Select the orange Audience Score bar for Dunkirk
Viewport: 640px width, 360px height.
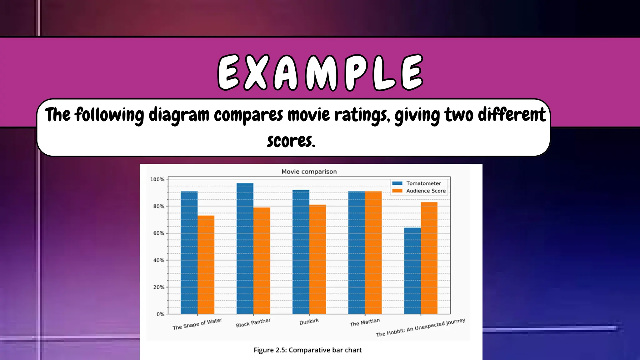tap(317, 259)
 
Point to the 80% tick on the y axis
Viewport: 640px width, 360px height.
tap(159, 206)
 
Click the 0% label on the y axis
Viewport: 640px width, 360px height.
tap(160, 314)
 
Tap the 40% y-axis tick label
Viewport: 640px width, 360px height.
tap(159, 260)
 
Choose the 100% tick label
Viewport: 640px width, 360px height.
tap(157, 179)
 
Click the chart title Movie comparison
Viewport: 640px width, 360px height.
tap(309, 172)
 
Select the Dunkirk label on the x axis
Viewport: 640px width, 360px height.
tap(309, 322)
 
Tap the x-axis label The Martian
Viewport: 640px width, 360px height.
tap(365, 322)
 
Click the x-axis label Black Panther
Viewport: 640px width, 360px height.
tap(253, 323)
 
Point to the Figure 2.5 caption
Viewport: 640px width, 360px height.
tap(307, 350)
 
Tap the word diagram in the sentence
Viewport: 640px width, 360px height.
tap(179, 115)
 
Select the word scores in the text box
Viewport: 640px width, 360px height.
tap(291, 141)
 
